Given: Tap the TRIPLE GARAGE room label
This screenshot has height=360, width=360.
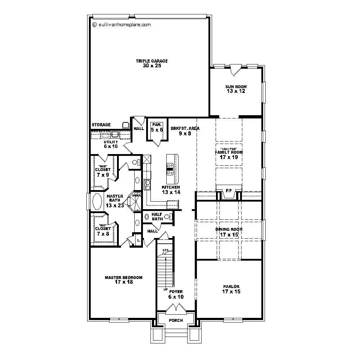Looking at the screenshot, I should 152,63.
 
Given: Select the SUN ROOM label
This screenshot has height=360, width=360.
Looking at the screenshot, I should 236,89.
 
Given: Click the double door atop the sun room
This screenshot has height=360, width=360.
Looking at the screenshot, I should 235,69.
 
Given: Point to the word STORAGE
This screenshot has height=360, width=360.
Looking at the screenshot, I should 101,125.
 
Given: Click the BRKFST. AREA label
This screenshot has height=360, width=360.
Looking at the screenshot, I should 185,131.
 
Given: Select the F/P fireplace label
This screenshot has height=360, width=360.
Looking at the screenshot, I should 228,190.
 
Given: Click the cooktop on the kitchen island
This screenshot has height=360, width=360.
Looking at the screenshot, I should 170,168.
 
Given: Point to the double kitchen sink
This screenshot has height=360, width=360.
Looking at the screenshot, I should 147,185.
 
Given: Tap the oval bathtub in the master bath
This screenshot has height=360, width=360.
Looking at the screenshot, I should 97,201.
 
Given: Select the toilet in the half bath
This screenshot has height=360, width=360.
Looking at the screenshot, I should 167,217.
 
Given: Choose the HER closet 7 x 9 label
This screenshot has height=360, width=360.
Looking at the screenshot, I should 103,172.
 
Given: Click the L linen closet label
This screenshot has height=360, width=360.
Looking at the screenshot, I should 138,239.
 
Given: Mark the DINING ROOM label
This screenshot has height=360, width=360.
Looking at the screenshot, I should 229,232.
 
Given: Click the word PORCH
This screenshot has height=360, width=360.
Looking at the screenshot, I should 176,320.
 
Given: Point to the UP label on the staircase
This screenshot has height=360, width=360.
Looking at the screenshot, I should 166,289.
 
